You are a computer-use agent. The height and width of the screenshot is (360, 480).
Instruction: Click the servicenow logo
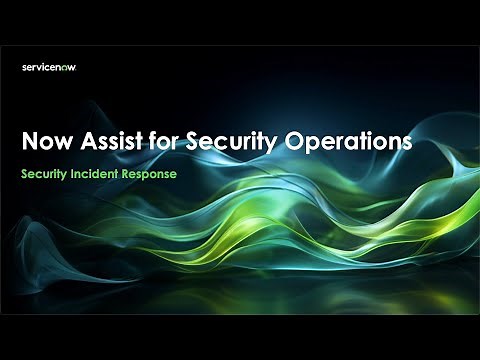49,67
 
